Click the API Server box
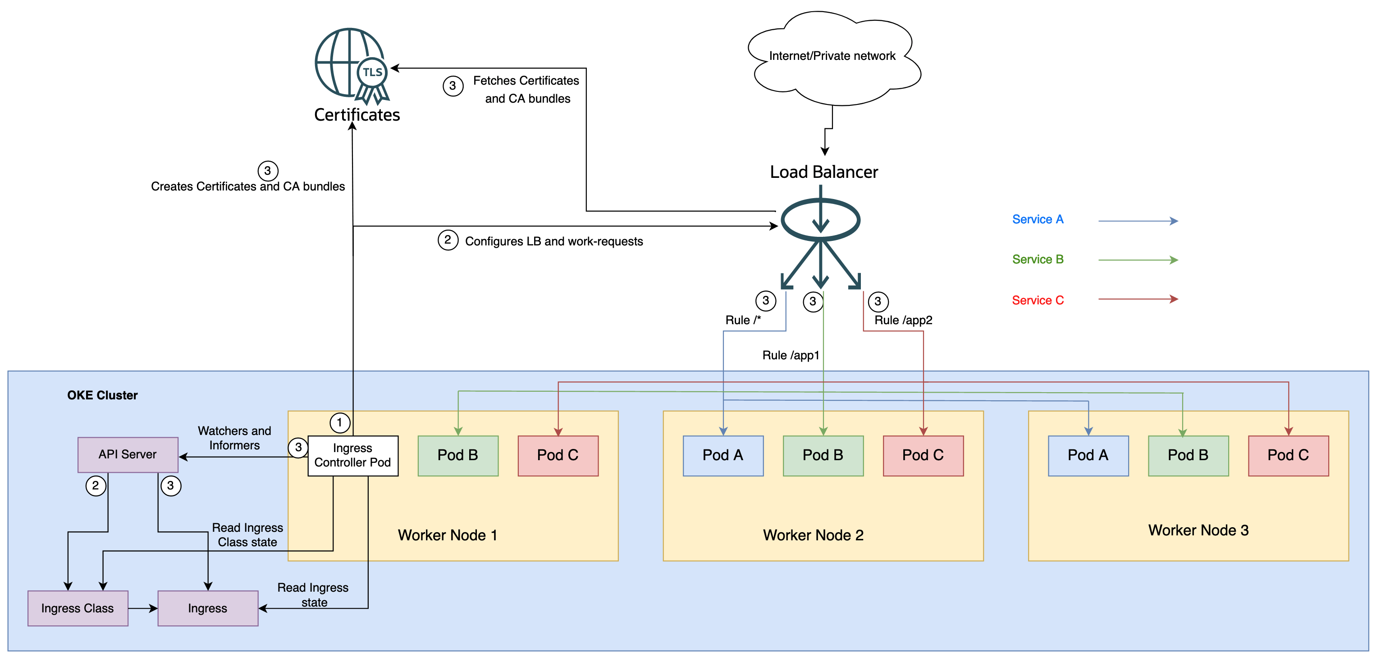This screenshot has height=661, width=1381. point(128,454)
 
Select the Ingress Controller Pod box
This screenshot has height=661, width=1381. point(353,455)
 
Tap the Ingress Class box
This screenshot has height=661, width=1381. point(78,608)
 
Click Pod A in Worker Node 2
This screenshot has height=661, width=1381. point(723,455)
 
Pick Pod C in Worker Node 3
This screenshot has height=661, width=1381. point(1288,455)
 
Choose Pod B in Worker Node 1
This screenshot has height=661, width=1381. point(458,455)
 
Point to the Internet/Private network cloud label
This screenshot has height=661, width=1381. point(832,56)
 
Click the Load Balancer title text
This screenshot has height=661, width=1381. point(823,172)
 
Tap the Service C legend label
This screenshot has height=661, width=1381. point(1038,300)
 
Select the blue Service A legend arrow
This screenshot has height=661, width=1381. point(1138,221)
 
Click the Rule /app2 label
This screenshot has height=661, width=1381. point(903,320)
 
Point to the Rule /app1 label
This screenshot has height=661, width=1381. point(790,355)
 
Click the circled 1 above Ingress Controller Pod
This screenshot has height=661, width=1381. point(339,423)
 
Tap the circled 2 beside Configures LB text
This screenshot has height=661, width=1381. point(448,240)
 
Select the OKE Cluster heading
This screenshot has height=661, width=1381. point(102,395)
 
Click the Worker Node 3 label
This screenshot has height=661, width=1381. point(1198,530)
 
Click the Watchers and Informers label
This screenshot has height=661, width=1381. point(234,438)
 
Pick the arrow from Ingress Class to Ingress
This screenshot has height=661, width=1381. point(143,608)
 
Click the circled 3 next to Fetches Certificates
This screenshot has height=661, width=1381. point(453,86)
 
